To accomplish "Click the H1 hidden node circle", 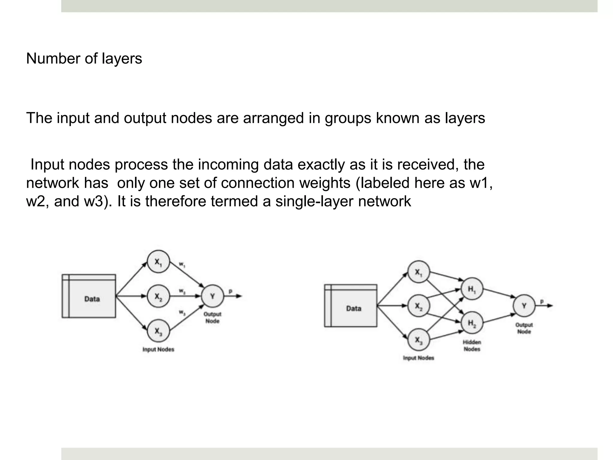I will (x=472, y=289).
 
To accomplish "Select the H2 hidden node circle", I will (x=472, y=323).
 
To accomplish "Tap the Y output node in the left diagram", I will (x=212, y=296).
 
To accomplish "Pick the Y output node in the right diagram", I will (x=524, y=306).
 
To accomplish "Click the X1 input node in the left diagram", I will (x=158, y=261).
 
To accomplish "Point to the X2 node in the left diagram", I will (x=158, y=296).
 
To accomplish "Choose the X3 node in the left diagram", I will (x=158, y=331).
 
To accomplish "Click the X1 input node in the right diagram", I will (x=418, y=272).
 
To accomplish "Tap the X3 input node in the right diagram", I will (x=418, y=340).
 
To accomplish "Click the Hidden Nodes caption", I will (x=472, y=346).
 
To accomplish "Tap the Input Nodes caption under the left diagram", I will (x=158, y=349).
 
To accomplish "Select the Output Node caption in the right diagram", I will (x=524, y=328).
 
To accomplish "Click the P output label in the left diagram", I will (x=230, y=291).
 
